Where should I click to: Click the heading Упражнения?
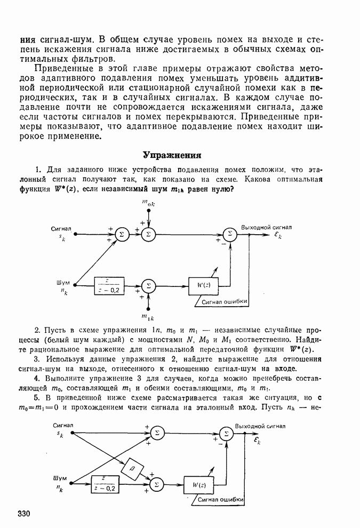pos(171,155)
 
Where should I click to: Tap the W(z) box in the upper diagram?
pos(203,285)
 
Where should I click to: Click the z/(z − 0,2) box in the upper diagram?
pos(109,285)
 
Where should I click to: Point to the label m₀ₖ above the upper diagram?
pos(149,203)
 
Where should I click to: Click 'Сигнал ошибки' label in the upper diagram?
pos(225,302)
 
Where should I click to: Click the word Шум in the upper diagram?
pos(63,282)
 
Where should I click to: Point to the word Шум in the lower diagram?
pos(60,477)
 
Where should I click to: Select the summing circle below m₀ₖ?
pos(149,233)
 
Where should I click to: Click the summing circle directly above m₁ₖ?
pos(149,285)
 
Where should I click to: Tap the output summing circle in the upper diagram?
pos(229,234)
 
